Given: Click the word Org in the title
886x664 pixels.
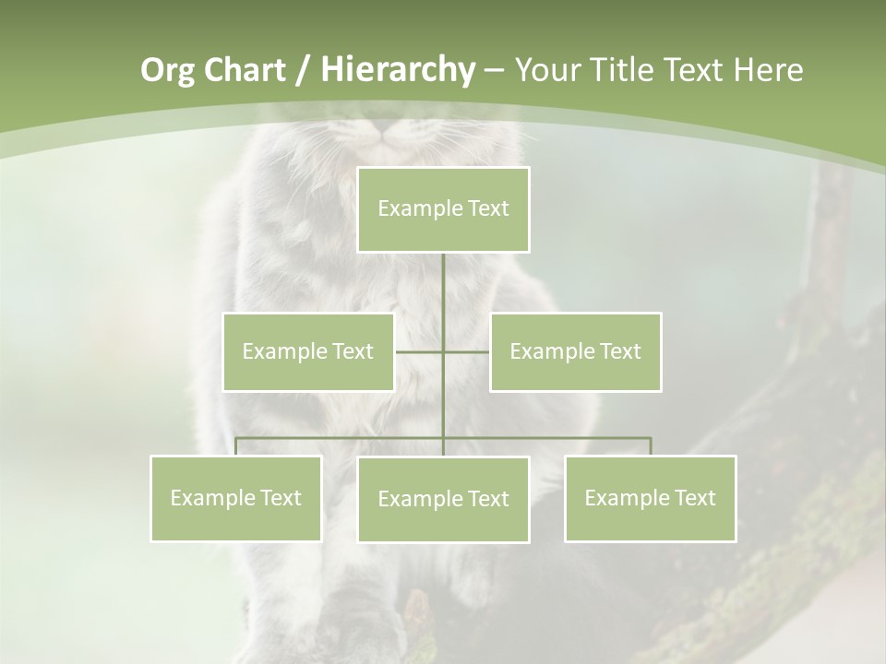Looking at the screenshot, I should coord(167,70).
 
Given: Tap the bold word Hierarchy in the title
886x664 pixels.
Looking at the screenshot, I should coord(397,70).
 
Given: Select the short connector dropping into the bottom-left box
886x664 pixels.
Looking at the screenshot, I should coord(236,446).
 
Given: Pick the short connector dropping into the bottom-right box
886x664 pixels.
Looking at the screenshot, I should coord(651,446).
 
